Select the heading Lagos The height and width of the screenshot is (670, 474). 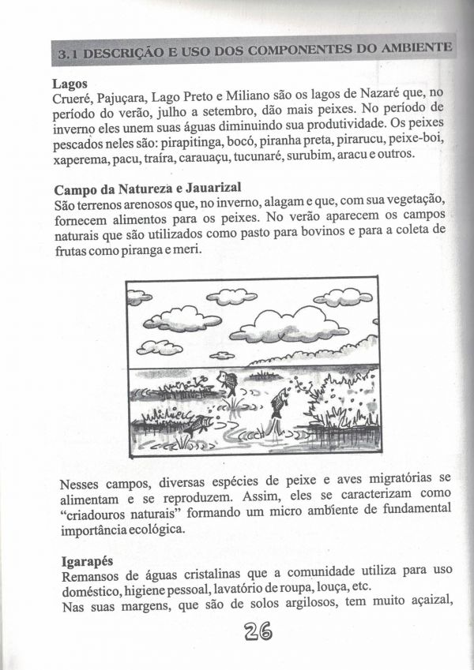click(x=70, y=83)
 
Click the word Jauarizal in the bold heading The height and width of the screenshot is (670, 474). click(x=207, y=189)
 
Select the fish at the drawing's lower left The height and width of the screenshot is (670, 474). click(x=198, y=426)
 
